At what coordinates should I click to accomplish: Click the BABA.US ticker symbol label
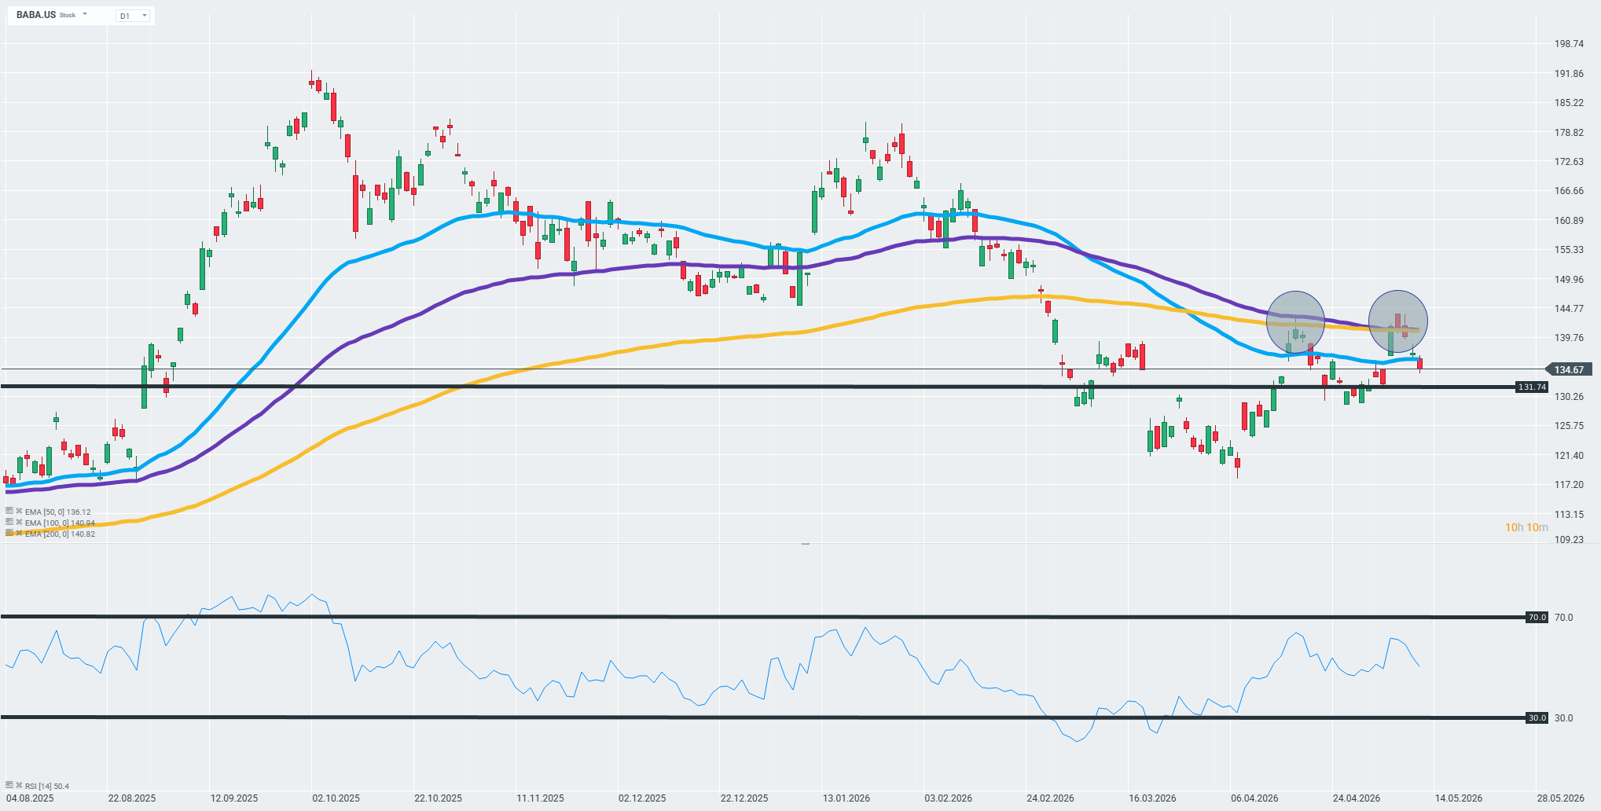pos(36,15)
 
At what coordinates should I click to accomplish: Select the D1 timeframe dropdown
pos(134,16)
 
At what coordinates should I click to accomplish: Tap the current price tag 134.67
pos(1569,369)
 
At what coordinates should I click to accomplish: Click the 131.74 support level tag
pos(1532,387)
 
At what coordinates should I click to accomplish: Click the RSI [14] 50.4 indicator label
pos(46,786)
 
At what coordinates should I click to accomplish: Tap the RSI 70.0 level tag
pos(1537,618)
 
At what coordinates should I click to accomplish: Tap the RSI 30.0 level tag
pos(1537,717)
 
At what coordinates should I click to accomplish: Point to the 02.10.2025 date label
pos(336,798)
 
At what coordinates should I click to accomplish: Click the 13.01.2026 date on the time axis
pos(846,798)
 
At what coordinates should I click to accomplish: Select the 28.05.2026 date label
pos(1561,798)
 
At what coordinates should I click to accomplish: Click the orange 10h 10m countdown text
pos(1526,527)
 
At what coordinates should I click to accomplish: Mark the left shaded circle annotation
pos(1295,321)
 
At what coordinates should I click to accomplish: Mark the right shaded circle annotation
pos(1397,321)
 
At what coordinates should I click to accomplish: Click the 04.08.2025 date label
pos(30,798)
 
